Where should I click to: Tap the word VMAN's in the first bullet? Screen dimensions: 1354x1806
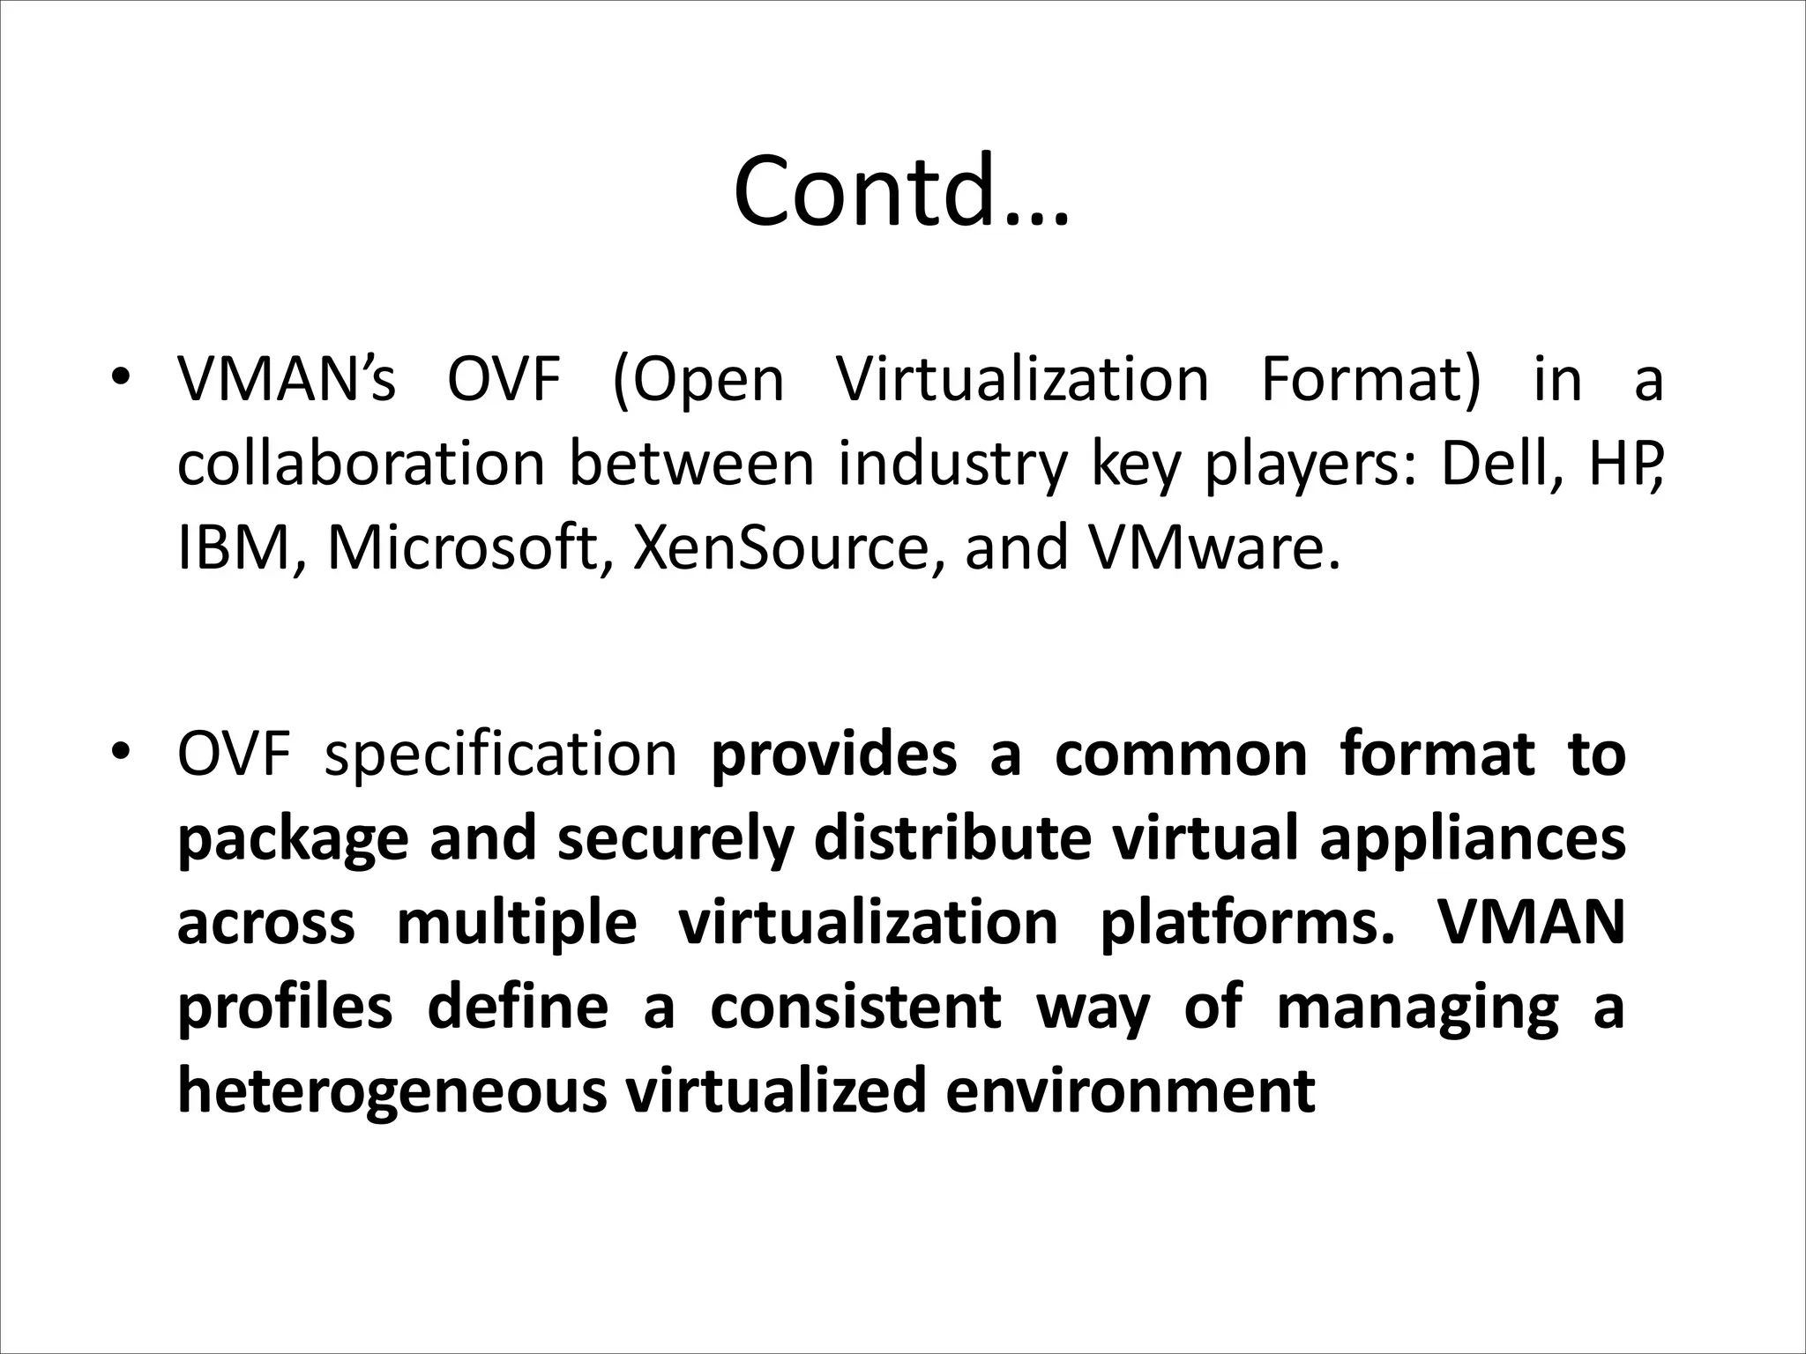(287, 380)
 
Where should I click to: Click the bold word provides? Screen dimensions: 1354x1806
(833, 756)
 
